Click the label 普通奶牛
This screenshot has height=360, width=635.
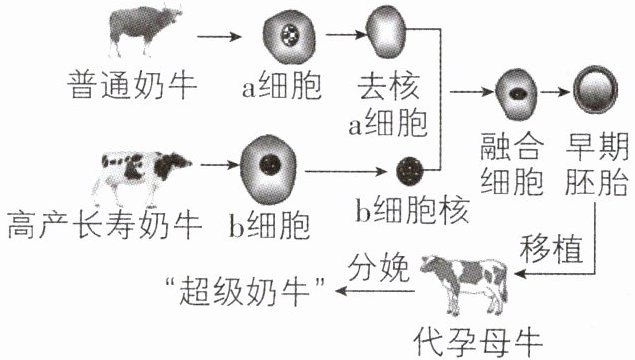click(x=132, y=85)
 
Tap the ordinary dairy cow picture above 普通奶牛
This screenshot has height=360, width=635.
click(x=145, y=30)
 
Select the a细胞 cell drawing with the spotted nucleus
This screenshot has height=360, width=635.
click(x=289, y=37)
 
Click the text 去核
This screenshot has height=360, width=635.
click(x=388, y=86)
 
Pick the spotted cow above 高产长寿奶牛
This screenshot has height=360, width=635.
click(x=142, y=177)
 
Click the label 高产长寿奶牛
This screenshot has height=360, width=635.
click(x=104, y=225)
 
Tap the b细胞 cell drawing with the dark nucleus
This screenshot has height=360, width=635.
click(x=268, y=170)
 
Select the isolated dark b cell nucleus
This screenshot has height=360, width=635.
click(x=410, y=170)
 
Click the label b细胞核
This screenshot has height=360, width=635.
click(x=412, y=211)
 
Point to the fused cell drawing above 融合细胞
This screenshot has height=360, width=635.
click(x=516, y=94)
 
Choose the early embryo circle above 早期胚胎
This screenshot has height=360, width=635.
click(x=595, y=90)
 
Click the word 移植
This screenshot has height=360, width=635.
click(x=551, y=248)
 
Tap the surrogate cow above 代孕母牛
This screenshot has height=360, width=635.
click(x=464, y=284)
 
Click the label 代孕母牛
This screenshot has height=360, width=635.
click(x=478, y=343)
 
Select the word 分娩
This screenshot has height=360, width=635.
click(x=379, y=268)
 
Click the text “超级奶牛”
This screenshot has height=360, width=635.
click(x=246, y=291)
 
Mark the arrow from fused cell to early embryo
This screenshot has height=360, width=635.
click(x=555, y=92)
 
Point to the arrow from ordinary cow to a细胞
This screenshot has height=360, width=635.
click(x=219, y=37)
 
